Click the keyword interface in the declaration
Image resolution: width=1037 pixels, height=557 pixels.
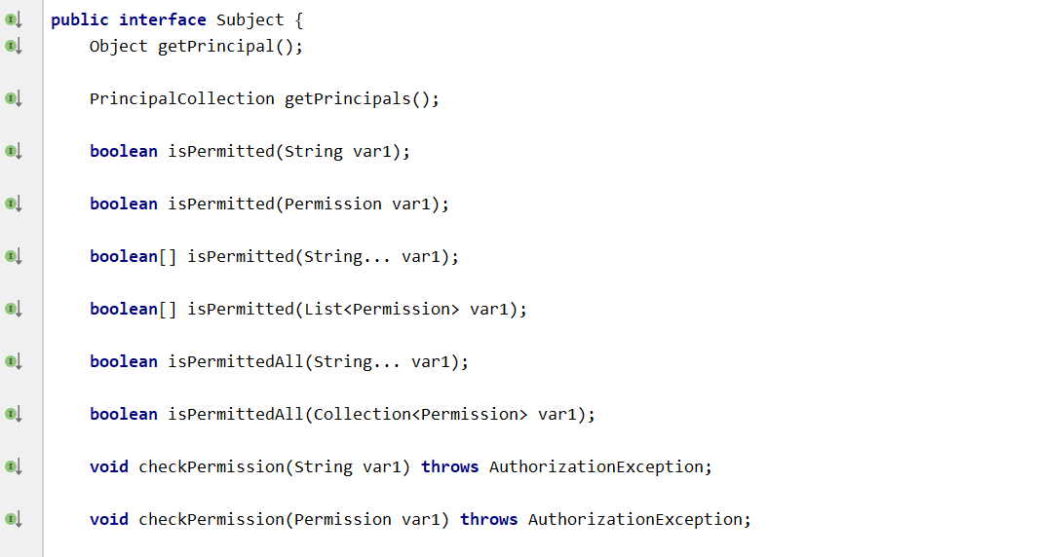(x=163, y=19)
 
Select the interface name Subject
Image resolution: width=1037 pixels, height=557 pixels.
(x=250, y=19)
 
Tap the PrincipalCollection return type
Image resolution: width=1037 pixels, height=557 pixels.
(x=182, y=98)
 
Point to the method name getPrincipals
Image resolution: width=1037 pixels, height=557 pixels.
(x=347, y=98)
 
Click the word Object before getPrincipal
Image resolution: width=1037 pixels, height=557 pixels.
(x=118, y=46)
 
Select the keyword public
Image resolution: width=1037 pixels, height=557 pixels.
(x=80, y=19)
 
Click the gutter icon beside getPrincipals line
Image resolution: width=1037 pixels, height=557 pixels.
(x=13, y=98)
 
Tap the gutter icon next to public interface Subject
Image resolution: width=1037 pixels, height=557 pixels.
(x=13, y=19)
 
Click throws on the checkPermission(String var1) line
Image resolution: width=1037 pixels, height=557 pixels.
(x=449, y=466)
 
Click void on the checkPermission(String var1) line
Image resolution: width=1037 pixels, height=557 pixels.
(x=109, y=466)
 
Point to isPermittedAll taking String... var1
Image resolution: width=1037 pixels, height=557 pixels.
(x=235, y=361)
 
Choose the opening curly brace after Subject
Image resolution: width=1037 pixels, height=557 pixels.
(x=298, y=19)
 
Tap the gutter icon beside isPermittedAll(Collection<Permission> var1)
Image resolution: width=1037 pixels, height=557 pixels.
(x=13, y=414)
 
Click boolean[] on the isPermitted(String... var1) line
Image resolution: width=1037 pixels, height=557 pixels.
(x=133, y=256)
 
